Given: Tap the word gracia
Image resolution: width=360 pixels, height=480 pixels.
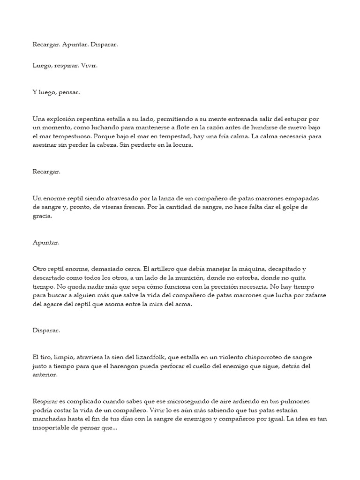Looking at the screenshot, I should click(42, 216).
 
